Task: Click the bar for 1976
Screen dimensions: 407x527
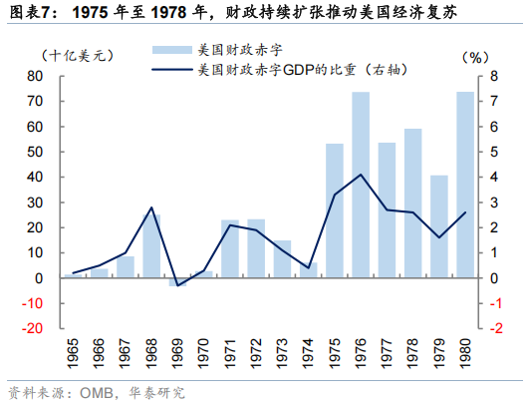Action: pyautogui.click(x=361, y=185)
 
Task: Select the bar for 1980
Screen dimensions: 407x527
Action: pyautogui.click(x=465, y=185)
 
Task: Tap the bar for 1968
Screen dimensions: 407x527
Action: pyautogui.click(x=151, y=245)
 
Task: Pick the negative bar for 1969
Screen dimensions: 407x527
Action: pyautogui.click(x=177, y=282)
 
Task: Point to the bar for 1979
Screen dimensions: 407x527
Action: pyautogui.click(x=439, y=226)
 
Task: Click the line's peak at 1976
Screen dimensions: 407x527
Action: pyautogui.click(x=361, y=175)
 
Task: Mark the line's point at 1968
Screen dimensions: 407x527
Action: pyautogui.click(x=151, y=207)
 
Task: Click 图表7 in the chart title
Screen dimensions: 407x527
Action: pyautogui.click(x=25, y=13)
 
